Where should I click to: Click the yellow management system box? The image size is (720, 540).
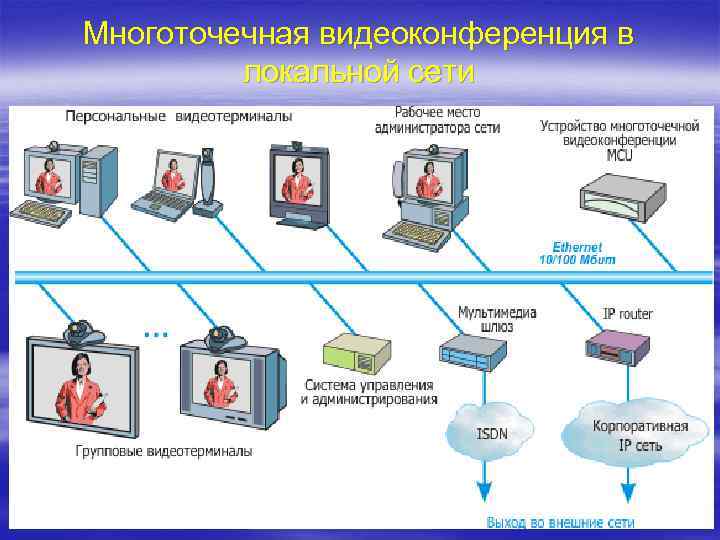[354, 352]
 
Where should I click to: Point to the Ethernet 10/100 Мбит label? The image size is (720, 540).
[577, 252]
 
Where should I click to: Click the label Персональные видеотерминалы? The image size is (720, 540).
[179, 116]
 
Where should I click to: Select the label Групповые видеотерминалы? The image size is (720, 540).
[164, 451]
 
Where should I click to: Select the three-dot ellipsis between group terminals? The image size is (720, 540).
[155, 332]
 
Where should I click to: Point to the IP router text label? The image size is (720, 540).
[627, 313]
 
